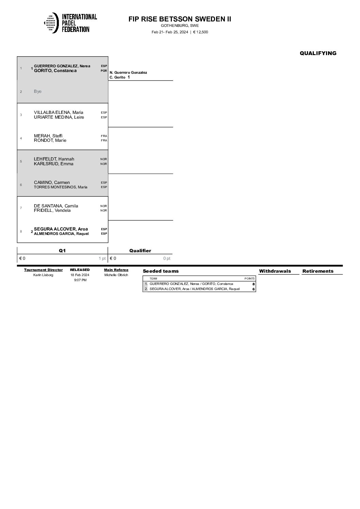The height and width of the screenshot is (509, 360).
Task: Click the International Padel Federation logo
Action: [70, 23]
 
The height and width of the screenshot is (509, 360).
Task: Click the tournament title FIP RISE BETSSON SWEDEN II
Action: [180, 19]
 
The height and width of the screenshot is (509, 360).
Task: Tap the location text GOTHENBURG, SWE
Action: [180, 26]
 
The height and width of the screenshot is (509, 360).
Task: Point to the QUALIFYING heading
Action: [318, 53]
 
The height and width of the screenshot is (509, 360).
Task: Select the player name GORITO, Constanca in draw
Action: [55, 71]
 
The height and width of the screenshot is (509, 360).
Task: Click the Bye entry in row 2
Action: [38, 91]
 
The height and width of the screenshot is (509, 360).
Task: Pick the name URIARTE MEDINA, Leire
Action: [59, 117]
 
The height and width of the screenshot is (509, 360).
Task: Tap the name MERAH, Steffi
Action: [48, 136]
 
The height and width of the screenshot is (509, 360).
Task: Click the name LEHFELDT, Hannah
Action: [54, 159]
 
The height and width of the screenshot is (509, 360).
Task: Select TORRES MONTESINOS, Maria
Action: [61, 187]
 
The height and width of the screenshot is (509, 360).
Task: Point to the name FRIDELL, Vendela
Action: [52, 210]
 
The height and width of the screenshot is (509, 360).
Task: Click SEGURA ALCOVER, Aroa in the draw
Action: [61, 229]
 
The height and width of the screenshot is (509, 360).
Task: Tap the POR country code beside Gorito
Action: [104, 71]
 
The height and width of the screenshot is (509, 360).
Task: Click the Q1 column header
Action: [62, 251]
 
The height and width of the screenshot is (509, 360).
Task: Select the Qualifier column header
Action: [140, 251]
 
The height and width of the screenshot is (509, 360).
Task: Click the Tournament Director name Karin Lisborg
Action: [43, 275]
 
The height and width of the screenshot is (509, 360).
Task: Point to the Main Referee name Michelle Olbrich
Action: [116, 275]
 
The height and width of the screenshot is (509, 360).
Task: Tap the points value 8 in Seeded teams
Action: [253, 284]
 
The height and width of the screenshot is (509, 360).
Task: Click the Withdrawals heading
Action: [275, 271]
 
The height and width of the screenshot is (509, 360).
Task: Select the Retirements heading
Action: [318, 271]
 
